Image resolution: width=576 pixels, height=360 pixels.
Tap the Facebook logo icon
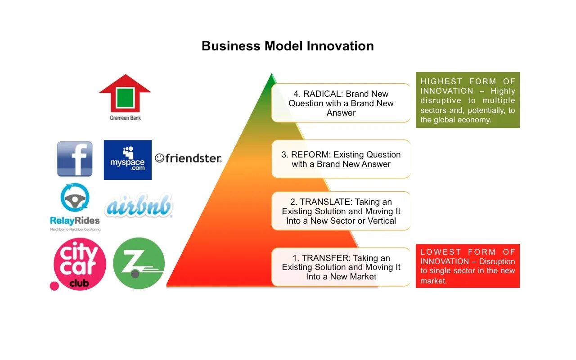75,159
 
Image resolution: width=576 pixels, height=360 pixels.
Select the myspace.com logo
127,160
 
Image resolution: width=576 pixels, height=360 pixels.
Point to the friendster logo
188,158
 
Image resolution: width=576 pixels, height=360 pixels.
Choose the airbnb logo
139,207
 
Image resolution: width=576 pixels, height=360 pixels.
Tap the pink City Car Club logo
80,264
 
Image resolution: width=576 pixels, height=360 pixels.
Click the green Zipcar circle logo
139,263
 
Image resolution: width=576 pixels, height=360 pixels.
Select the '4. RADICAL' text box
341,103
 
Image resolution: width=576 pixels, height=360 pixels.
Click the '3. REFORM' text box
341,159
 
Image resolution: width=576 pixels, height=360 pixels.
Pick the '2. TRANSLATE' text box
341,211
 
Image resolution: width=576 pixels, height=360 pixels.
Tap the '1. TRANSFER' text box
341,267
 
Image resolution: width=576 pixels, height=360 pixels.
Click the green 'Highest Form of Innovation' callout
468,100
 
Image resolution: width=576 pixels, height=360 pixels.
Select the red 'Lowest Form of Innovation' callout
468,266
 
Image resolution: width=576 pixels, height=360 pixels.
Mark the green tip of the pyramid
271,79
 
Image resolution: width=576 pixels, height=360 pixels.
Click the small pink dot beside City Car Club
54,286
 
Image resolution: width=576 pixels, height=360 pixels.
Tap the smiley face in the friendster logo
159,158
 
